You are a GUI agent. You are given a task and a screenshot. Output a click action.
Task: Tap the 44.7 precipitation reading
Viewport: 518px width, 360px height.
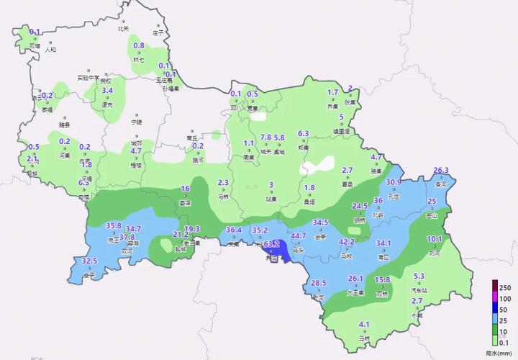298,235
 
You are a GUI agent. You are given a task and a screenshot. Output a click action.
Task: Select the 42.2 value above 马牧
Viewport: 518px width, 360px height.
347,241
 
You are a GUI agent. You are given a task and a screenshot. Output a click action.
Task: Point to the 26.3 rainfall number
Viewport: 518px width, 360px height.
441,171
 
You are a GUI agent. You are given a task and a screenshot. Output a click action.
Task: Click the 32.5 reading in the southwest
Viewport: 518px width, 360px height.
89,261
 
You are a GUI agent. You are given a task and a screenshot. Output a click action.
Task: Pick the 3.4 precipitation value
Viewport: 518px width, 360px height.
108,91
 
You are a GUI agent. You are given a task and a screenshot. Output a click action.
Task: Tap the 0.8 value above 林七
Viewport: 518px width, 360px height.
140,46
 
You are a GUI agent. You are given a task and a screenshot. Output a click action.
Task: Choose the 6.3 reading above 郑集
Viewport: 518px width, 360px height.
303,133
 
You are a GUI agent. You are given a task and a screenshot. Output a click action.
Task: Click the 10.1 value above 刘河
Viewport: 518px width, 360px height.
435,239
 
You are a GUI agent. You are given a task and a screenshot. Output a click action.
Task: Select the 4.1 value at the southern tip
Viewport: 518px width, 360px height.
364,324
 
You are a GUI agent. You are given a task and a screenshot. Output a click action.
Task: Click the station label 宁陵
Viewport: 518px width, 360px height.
137,122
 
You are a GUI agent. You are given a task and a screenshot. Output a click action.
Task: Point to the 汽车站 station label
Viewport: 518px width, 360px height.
419,289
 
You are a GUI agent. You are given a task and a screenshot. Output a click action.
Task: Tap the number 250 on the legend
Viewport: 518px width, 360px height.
506,286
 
